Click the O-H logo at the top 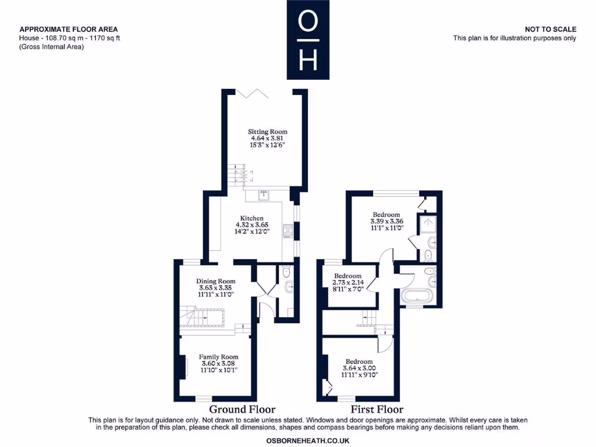coord(308,40)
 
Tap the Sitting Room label coord(268,132)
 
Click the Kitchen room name coord(251,218)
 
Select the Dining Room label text coord(215,281)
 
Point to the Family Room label coord(218,357)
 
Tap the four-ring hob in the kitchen coord(288,231)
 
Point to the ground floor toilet coord(285,272)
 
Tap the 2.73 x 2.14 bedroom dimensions coord(347,282)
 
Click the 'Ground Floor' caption coord(242,409)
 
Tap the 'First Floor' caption coord(377,409)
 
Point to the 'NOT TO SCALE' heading coord(550,29)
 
